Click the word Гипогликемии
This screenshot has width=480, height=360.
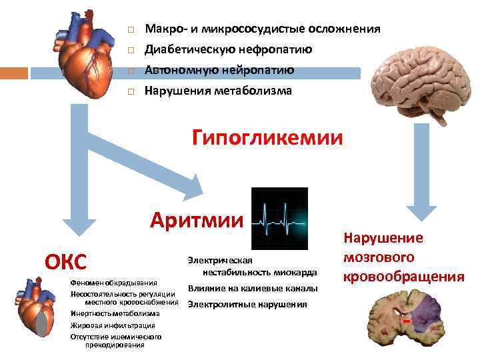(x=267, y=138)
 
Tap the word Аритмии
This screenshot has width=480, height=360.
(x=197, y=219)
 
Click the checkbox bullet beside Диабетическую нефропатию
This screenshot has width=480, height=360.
(x=131, y=50)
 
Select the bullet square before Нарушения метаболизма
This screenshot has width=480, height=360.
(x=131, y=91)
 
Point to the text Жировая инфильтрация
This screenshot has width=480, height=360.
(x=113, y=325)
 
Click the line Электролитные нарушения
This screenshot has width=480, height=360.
(x=247, y=304)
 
